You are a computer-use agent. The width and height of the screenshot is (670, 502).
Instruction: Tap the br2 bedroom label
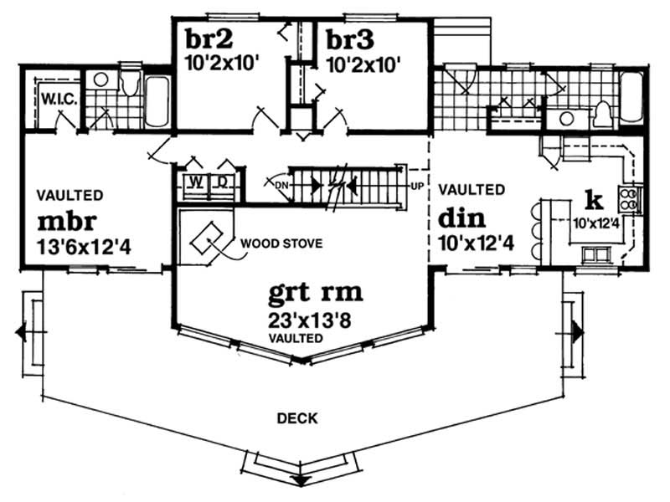pyautogui.click(x=204, y=39)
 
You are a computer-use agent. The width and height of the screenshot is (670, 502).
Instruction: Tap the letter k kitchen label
pyautogui.click(x=595, y=200)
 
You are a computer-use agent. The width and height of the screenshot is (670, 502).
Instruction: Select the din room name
pyautogui.click(x=461, y=219)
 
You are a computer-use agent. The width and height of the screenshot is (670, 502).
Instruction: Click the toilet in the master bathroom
pyautogui.click(x=130, y=85)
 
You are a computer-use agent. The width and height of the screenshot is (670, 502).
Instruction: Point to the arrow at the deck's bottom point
pyautogui.click(x=299, y=479)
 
